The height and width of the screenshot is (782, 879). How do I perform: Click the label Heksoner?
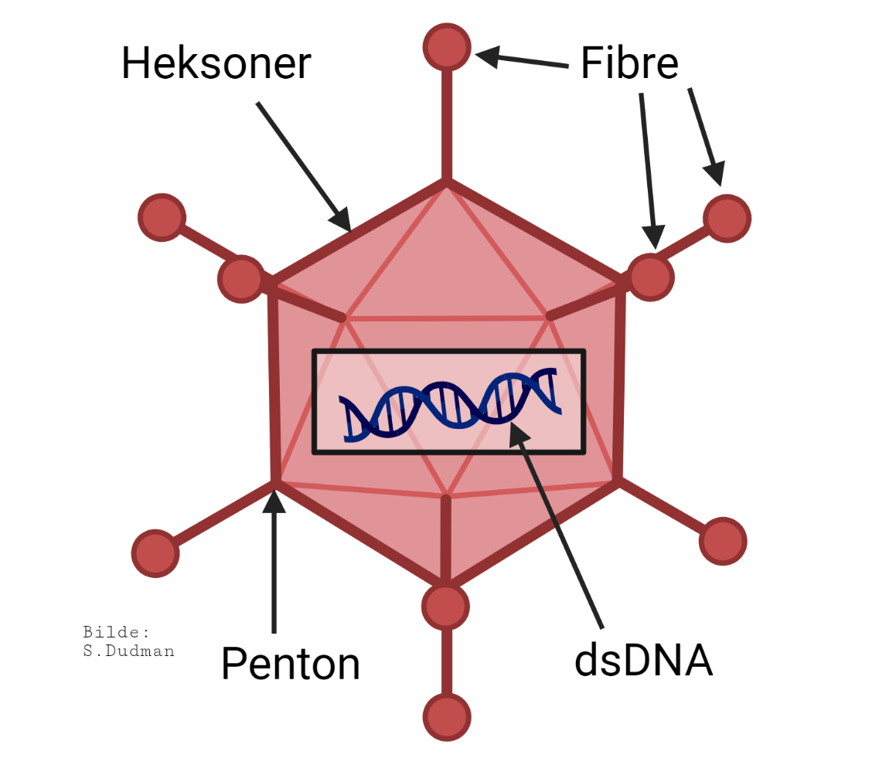pyautogui.click(x=216, y=63)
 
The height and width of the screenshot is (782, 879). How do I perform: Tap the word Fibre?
pyautogui.click(x=629, y=63)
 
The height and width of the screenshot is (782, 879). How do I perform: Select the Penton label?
pyautogui.click(x=291, y=663)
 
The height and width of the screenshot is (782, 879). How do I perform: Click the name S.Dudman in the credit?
pyautogui.click(x=128, y=651)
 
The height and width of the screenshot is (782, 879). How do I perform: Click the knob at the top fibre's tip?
pyautogui.click(x=447, y=46)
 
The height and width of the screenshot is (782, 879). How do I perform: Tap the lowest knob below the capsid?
pyautogui.click(x=447, y=717)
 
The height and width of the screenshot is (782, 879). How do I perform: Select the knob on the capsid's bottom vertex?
pyautogui.click(x=445, y=605)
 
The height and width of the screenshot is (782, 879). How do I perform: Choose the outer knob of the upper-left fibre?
pyautogui.click(x=162, y=217)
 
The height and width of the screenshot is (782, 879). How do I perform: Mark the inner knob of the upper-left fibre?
pyautogui.click(x=241, y=278)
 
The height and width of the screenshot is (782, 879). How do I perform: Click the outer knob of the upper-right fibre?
pyautogui.click(x=727, y=219)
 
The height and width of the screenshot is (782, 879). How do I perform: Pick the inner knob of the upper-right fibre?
pyautogui.click(x=650, y=277)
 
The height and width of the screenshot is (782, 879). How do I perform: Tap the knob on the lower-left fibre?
pyautogui.click(x=155, y=553)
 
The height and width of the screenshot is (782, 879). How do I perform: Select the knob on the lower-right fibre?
pyautogui.click(x=723, y=541)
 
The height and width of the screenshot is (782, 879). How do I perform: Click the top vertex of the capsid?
pyautogui.click(x=447, y=182)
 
